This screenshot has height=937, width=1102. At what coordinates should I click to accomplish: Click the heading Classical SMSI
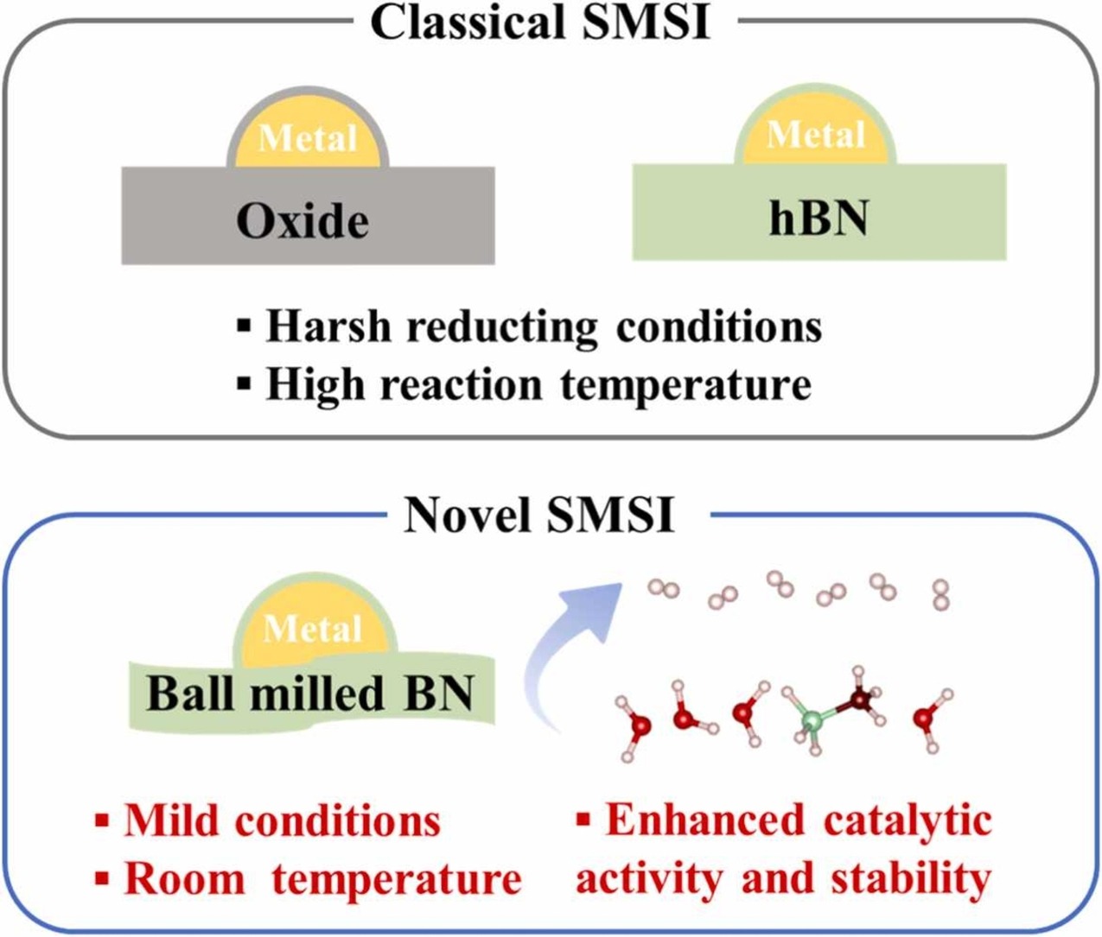[x=540, y=22]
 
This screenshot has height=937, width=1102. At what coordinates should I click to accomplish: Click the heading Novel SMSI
[x=538, y=516]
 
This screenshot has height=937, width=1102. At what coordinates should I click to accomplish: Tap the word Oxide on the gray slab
[x=303, y=221]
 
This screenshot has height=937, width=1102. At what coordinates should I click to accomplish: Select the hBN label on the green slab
[x=819, y=217]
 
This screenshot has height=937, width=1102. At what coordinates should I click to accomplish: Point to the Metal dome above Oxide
[x=308, y=138]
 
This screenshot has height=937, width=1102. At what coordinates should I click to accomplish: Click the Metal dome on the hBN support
[x=816, y=135]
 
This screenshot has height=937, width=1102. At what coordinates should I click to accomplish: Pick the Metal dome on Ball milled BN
[x=313, y=630]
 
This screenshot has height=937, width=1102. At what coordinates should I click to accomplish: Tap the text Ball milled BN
[x=311, y=693]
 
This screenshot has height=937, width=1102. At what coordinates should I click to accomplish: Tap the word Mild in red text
[x=173, y=820]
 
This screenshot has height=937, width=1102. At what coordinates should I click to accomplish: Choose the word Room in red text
[x=184, y=879]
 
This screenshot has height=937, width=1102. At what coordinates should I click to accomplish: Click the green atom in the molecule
[x=811, y=719]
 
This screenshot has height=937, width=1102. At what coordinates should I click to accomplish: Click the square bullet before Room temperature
[x=103, y=879]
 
